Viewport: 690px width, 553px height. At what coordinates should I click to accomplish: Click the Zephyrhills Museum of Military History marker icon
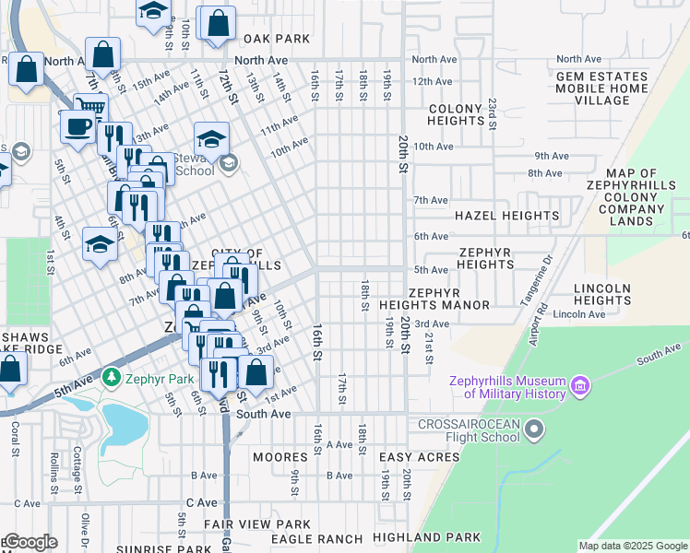pos(580,383)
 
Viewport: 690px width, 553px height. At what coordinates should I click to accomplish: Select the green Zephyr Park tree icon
pos(111,378)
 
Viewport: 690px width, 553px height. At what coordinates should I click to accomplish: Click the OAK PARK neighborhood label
pos(276,40)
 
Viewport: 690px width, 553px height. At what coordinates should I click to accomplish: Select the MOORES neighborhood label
pos(280,457)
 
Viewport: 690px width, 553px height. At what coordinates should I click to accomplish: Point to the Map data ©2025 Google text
pos(632,546)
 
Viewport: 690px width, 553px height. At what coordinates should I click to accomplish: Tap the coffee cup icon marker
pos(78,124)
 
